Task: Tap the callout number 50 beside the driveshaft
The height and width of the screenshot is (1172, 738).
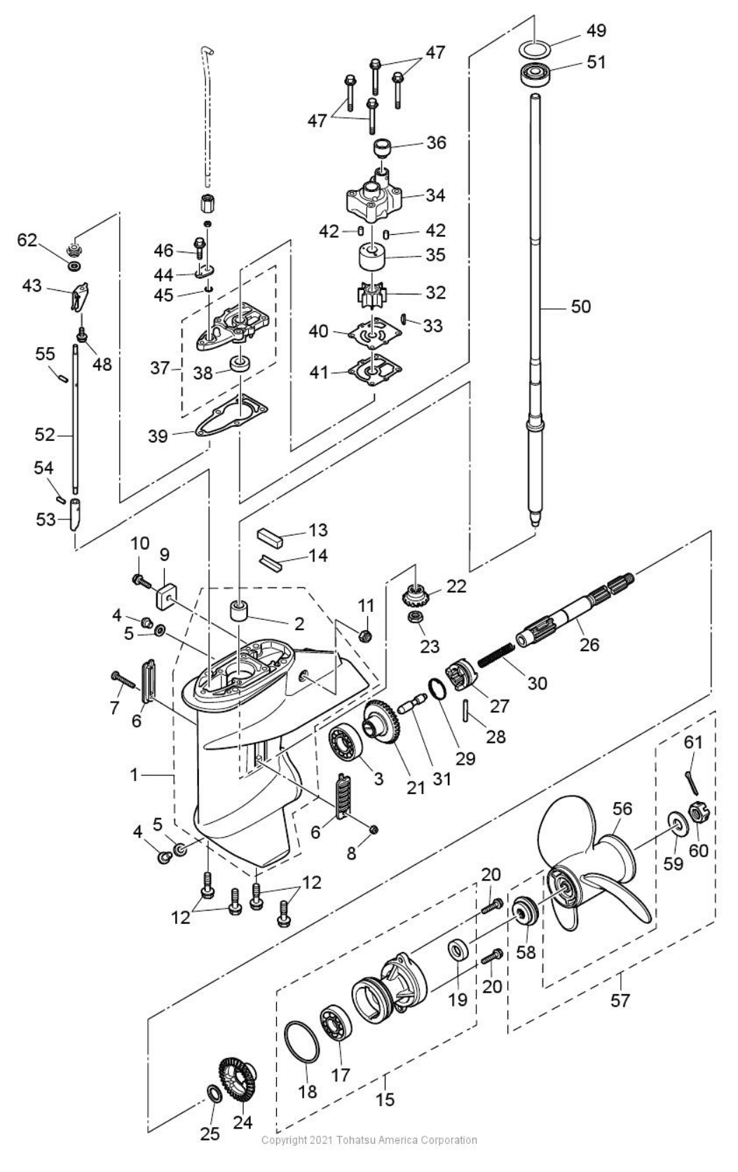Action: [x=580, y=306]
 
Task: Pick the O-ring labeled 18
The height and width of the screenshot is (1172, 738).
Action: [x=303, y=1043]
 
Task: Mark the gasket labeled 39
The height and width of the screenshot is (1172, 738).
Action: [x=231, y=423]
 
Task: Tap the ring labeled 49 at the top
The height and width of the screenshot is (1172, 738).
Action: [x=535, y=49]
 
